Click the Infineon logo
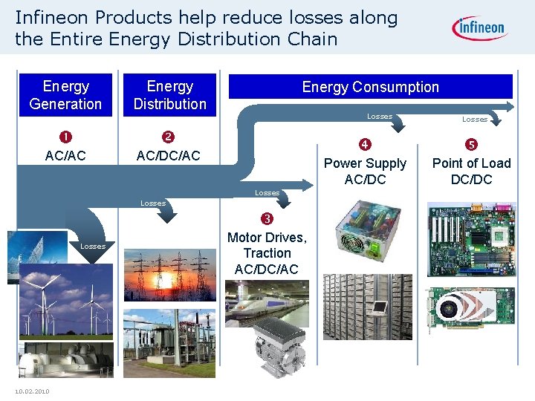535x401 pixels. click(479, 29)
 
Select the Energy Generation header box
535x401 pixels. click(65, 95)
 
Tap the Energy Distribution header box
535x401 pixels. click(169, 95)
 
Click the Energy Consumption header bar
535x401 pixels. click(370, 87)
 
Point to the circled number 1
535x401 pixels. click(65, 137)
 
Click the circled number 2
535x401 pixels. click(169, 137)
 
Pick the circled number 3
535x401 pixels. click(267, 218)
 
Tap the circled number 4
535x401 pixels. click(365, 144)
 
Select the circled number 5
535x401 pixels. click(471, 144)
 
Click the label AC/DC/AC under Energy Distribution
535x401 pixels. click(169, 157)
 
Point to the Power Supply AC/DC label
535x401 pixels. click(365, 171)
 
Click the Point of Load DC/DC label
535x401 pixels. click(471, 171)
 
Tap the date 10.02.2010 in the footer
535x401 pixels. click(32, 391)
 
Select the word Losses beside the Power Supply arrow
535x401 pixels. click(380, 116)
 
